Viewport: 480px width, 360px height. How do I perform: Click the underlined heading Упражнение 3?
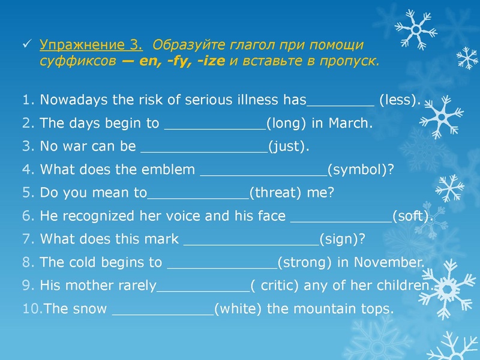[x=91, y=45]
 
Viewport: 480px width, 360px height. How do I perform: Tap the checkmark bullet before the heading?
[x=26, y=45]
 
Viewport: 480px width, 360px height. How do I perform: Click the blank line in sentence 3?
[x=203, y=150]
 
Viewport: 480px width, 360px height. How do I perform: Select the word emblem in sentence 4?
[x=168, y=170]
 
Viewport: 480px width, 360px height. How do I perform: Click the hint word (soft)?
[x=412, y=216]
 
